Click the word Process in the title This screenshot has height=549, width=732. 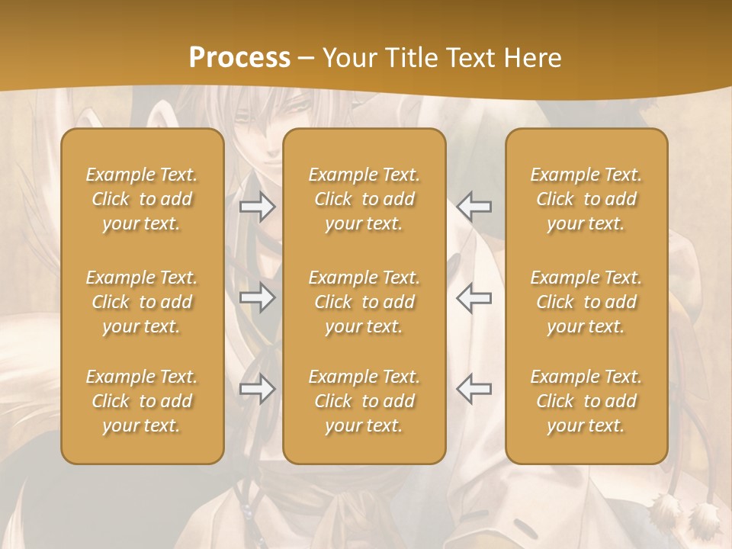tap(239, 58)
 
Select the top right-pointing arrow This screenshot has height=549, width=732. tap(258, 207)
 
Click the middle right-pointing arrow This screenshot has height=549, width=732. tap(258, 297)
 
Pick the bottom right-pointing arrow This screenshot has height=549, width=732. tap(258, 389)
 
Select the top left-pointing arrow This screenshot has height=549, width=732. tap(474, 207)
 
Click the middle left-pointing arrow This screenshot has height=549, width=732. tap(474, 297)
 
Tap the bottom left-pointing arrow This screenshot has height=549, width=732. tap(474, 388)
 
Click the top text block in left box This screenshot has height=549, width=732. tap(142, 199)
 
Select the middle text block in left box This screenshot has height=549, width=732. tap(142, 302)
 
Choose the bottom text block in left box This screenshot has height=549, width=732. tap(142, 401)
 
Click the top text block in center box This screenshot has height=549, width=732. tap(364, 199)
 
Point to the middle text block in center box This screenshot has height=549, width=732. tap(364, 302)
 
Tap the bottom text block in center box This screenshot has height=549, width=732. tap(364, 401)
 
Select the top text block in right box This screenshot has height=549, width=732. tap(586, 199)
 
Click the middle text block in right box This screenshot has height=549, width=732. tap(586, 302)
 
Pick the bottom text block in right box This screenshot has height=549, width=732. tap(586, 401)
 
